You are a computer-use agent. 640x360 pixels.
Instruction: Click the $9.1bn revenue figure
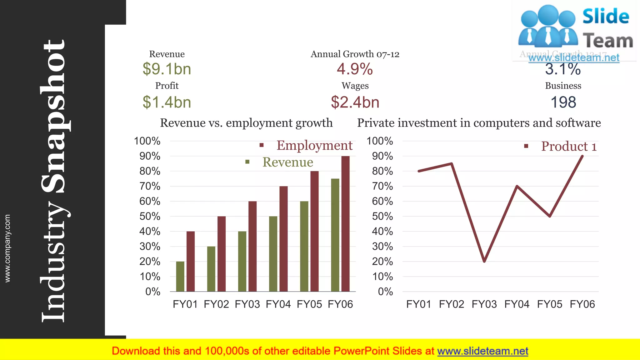click(x=167, y=69)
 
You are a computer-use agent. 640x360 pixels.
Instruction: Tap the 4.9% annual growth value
click(x=355, y=69)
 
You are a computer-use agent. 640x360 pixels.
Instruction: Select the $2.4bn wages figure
click(x=355, y=102)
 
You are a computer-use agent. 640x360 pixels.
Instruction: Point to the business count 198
click(x=563, y=102)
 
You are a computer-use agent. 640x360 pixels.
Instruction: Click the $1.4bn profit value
click(x=167, y=102)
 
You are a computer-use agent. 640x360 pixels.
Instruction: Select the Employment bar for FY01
click(x=191, y=261)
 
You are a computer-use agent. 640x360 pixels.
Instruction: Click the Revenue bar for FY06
click(x=335, y=235)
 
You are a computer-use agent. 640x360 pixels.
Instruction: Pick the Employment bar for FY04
click(x=283, y=239)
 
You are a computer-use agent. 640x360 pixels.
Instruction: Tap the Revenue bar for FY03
click(x=242, y=261)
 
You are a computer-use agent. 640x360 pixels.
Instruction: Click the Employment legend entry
click(x=314, y=145)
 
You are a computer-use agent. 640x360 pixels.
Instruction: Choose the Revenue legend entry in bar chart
click(x=287, y=162)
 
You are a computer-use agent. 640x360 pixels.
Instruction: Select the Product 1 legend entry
click(x=569, y=146)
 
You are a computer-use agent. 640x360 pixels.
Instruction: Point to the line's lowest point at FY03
click(x=484, y=261)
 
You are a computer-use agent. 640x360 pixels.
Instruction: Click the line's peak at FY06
click(x=582, y=156)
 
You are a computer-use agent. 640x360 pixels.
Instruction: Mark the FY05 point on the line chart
click(x=550, y=216)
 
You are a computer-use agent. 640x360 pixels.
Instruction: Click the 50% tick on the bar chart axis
click(x=150, y=216)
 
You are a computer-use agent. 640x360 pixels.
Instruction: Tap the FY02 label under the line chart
click(x=451, y=304)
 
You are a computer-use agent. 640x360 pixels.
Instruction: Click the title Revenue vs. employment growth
click(x=246, y=123)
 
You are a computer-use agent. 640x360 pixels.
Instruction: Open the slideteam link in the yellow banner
click(x=482, y=351)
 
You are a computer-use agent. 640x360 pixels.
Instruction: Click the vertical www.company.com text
click(x=7, y=248)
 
